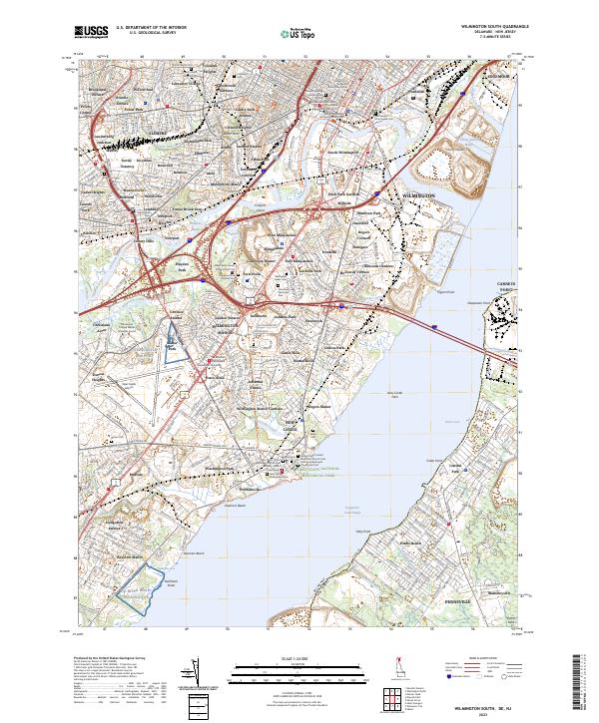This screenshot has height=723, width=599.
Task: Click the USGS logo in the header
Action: tap(91, 32)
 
